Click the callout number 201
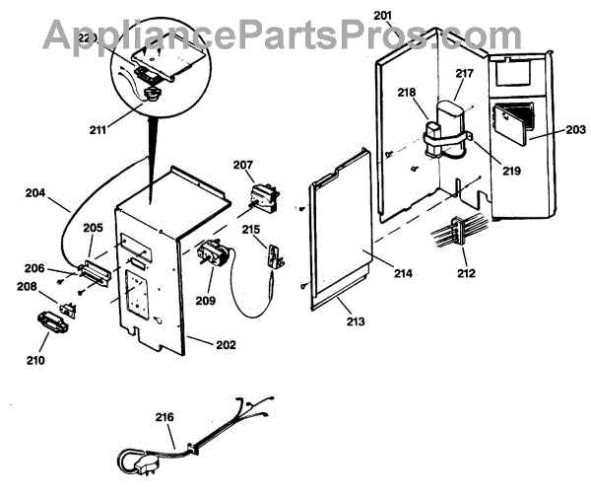383,15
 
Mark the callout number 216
165,417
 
